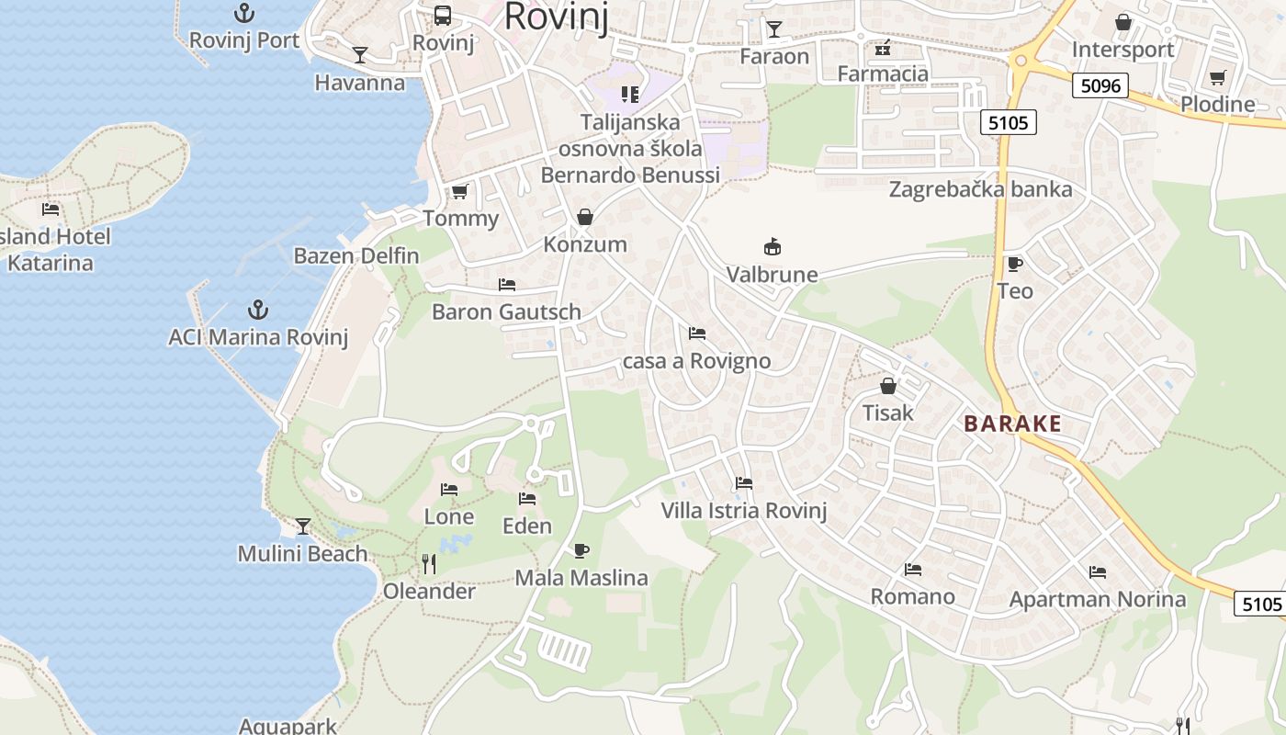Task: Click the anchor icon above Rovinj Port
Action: [244, 13]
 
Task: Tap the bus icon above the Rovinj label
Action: [443, 15]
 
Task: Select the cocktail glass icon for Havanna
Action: [360, 55]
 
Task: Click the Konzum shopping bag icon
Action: [585, 217]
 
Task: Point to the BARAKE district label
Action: [1013, 424]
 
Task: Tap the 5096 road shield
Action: [1100, 85]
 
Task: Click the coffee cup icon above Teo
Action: [1014, 265]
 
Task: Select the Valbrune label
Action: [772, 274]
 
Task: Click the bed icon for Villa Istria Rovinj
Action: [744, 483]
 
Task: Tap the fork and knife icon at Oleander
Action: [429, 563]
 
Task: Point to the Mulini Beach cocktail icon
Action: [303, 526]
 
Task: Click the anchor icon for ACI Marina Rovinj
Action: [258, 310]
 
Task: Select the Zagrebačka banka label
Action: [980, 189]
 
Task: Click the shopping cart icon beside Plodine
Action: [1217, 77]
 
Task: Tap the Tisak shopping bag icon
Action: [887, 386]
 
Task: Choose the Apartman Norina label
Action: [1097, 600]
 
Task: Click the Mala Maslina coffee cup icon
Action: [581, 550]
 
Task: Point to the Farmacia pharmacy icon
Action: [883, 47]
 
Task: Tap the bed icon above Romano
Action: [912, 570]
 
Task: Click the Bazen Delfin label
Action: [355, 255]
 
